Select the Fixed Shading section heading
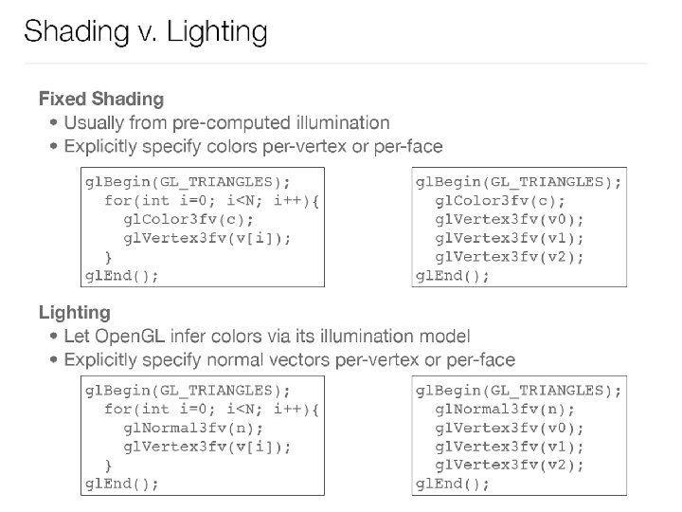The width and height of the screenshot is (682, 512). pos(100,99)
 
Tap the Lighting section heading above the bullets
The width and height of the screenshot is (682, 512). pos(74,312)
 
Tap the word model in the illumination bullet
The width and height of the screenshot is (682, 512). pos(444,337)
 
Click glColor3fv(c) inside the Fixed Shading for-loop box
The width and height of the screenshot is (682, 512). pos(182,219)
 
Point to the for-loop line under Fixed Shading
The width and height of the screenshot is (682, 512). pos(212,200)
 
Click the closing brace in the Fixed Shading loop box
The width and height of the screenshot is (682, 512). pos(109,257)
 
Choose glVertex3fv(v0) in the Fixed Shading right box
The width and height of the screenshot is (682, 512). pos(510,219)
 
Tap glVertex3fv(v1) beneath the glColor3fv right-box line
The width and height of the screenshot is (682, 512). pos(510,238)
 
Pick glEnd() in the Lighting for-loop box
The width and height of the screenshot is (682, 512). pos(121,484)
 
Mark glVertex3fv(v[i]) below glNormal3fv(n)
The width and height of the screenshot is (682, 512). pos(206,447)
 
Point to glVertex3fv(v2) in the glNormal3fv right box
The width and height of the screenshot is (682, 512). pos(510,465)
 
